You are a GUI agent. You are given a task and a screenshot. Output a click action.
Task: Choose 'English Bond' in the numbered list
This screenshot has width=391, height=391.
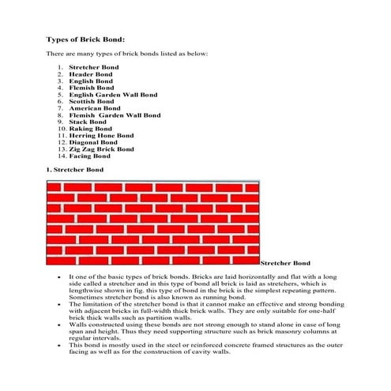[90, 81]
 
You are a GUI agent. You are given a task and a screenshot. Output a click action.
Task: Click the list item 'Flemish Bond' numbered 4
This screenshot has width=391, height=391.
[91, 88]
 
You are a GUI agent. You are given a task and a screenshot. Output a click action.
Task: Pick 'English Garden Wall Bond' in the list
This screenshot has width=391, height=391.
[113, 95]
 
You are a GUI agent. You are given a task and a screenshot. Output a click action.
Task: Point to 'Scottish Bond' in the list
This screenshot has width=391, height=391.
[92, 101]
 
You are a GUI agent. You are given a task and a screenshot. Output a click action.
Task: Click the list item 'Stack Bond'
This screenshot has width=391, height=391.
[87, 122]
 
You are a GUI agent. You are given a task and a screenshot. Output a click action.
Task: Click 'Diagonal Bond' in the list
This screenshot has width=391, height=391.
[94, 142]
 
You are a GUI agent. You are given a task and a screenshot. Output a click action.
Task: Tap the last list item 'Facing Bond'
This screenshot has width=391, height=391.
[89, 156]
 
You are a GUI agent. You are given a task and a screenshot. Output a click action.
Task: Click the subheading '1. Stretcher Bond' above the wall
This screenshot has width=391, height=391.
[75, 169]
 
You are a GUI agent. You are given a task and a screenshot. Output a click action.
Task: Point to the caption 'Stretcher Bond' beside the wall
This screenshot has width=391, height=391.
[285, 263]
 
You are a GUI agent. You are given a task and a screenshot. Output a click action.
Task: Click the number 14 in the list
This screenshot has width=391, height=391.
[61, 156]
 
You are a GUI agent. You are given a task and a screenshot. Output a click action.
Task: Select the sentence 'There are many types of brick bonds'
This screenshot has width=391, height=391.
[126, 53]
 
